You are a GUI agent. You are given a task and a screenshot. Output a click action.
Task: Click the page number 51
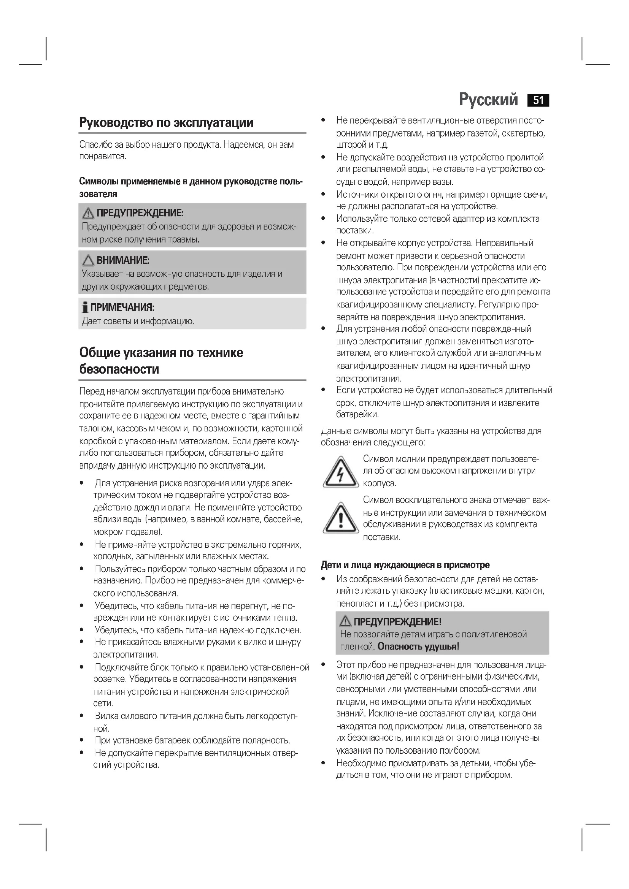(x=538, y=100)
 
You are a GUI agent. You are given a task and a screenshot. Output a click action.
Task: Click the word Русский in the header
(x=488, y=100)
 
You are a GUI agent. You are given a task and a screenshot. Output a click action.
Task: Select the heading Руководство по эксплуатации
(x=166, y=122)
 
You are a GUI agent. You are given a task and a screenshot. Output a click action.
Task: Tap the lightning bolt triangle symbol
(x=340, y=472)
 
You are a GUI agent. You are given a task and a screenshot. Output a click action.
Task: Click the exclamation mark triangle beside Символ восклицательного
(x=340, y=518)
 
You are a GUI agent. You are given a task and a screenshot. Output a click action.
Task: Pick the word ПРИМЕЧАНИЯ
(x=122, y=308)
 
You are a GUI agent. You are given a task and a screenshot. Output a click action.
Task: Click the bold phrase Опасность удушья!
(x=418, y=646)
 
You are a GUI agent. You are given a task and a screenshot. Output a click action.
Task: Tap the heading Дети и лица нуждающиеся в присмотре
(x=405, y=565)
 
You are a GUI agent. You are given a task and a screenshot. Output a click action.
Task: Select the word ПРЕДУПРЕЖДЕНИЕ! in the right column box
(x=397, y=622)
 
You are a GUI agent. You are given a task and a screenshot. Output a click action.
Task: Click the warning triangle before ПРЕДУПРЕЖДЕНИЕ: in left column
(x=88, y=213)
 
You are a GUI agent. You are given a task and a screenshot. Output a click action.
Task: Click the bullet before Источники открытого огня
(x=323, y=194)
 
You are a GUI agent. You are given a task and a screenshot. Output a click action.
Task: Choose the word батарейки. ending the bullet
(x=357, y=415)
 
